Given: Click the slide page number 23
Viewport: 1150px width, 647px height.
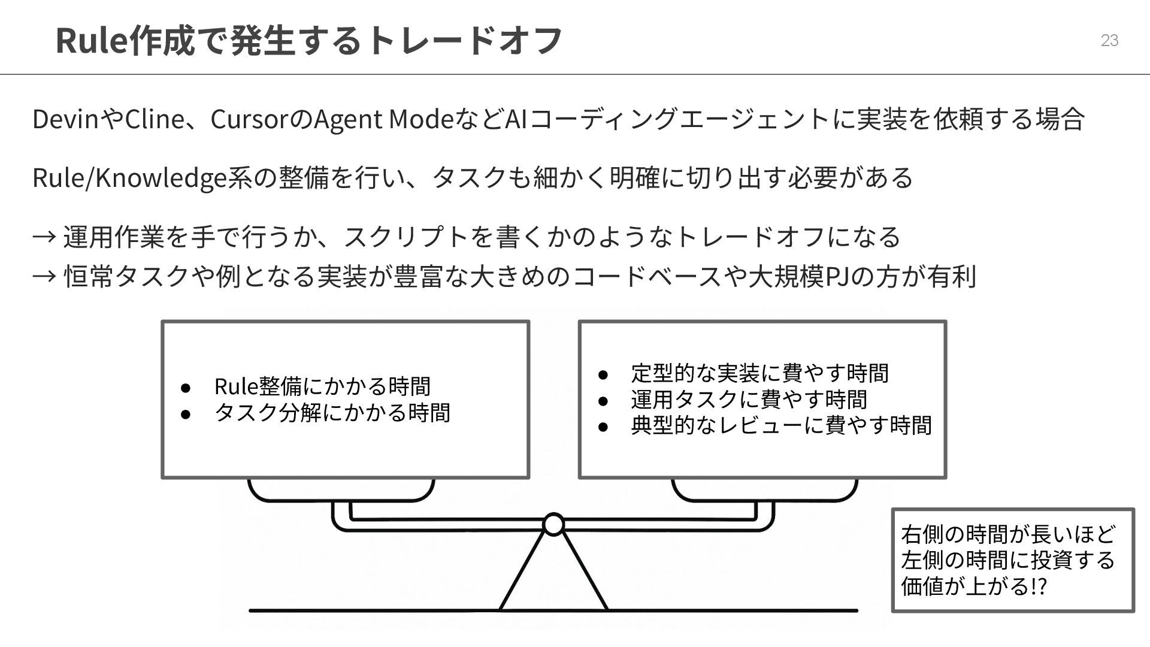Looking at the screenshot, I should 1109,40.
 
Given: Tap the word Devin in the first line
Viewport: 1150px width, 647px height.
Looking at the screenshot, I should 65,119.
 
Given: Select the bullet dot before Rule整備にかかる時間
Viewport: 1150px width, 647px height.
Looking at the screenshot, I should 186,388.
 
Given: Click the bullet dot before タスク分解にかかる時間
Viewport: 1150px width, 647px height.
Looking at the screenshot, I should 186,413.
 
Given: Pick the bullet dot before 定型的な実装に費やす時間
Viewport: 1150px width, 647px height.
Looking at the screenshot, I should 603,374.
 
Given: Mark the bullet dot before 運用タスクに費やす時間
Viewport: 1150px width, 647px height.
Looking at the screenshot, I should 603,400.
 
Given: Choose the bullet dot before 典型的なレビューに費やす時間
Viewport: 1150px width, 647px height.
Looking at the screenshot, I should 603,427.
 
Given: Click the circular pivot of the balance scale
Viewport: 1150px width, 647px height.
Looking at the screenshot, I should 553,524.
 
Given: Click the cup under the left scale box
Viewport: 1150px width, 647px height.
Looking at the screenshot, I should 341,490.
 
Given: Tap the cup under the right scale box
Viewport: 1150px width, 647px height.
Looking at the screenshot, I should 764,490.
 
